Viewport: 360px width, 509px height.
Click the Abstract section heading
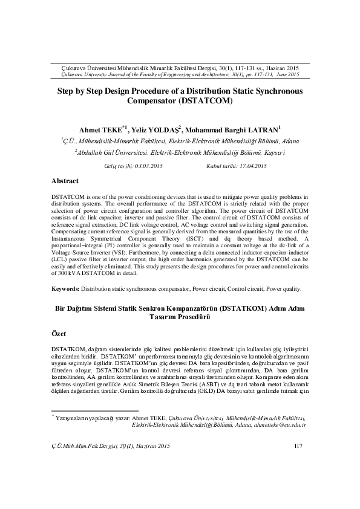(x=65, y=181)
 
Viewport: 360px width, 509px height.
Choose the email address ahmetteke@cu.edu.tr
(x=280, y=425)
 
